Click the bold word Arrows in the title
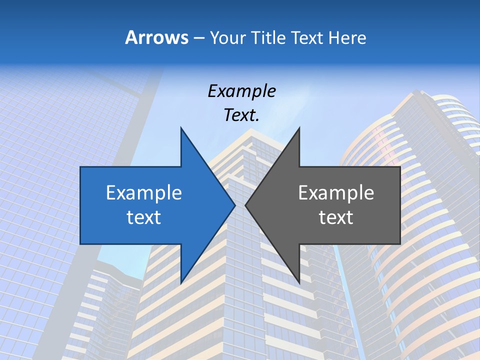[x=157, y=37]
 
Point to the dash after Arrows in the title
[x=198, y=38]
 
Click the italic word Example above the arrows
[x=242, y=91]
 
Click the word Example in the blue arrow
[x=144, y=192]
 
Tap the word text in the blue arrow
[x=144, y=217]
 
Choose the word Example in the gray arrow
[x=336, y=192]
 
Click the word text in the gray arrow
[x=336, y=217]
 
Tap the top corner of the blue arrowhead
[x=181, y=128]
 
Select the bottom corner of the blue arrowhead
[x=181, y=282]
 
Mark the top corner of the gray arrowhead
[x=299, y=128]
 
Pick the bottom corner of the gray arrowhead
[x=299, y=282]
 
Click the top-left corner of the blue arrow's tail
[x=80, y=167]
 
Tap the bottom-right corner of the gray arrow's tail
[x=400, y=244]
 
